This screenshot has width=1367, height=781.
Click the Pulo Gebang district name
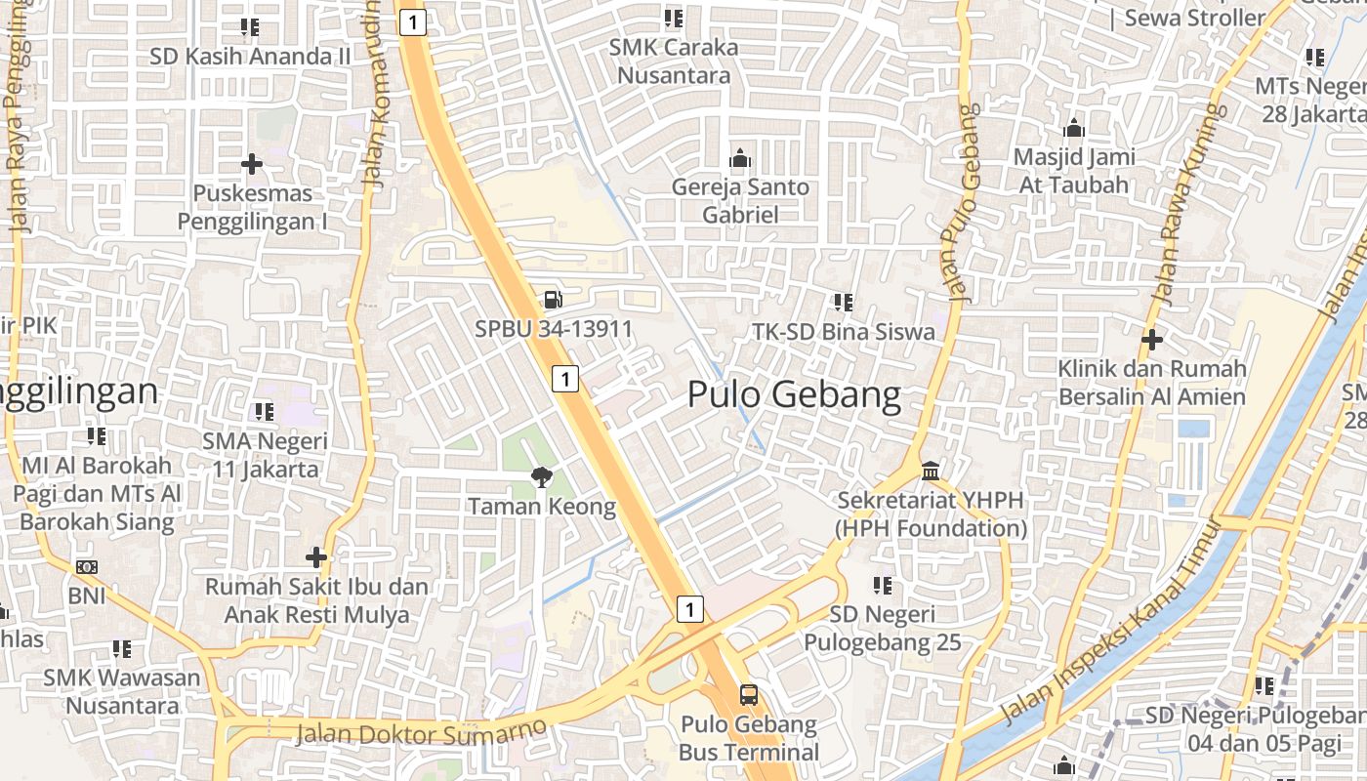[x=794, y=394]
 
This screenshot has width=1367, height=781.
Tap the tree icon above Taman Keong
[x=540, y=477]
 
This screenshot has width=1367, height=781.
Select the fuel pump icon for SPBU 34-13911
[x=553, y=300]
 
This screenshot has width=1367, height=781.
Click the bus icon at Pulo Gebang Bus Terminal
[x=748, y=695]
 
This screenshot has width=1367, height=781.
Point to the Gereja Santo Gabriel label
[x=740, y=200]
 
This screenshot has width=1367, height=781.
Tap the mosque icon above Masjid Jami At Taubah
[x=1074, y=128]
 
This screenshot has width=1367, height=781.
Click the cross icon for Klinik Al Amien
[x=1152, y=340]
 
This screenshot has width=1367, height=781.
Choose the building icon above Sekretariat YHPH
[x=931, y=471]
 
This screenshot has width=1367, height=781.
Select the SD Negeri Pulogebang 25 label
[x=883, y=628]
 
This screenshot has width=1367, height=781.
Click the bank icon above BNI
[x=87, y=566]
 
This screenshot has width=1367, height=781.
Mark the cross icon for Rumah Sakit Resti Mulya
[x=315, y=557]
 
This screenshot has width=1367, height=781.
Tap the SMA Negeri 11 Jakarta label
[x=265, y=455]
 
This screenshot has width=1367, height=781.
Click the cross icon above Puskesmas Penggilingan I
[x=252, y=163]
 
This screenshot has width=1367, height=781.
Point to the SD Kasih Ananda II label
[x=250, y=56]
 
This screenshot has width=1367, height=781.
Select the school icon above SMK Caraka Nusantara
[x=673, y=19]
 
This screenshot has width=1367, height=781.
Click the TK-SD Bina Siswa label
[x=844, y=331]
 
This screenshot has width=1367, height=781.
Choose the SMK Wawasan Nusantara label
[x=122, y=690]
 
